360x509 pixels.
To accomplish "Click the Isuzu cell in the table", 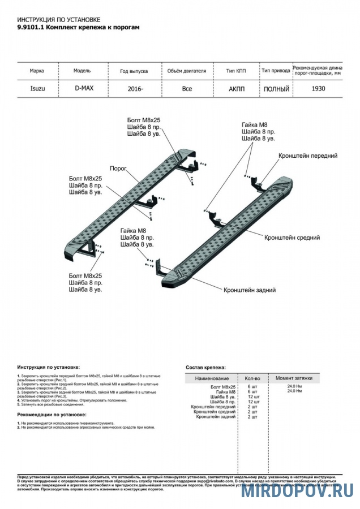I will pyautogui.click(x=39, y=89).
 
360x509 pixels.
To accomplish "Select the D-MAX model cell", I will pyautogui.click(x=84, y=88).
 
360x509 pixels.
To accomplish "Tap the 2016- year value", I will pyautogui.click(x=135, y=89).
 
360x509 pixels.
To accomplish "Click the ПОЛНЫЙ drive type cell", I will pyautogui.click(x=276, y=89).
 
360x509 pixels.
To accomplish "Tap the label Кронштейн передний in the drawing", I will pyautogui.click(x=307, y=155).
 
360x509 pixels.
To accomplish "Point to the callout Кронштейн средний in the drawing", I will pyautogui.click(x=292, y=238).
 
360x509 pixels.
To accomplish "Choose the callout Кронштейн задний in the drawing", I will pyautogui.click(x=250, y=290).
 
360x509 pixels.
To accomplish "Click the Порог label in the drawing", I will pyautogui.click(x=118, y=169).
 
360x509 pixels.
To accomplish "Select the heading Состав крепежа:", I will pyautogui.click(x=205, y=367).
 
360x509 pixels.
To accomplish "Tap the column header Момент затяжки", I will pyautogui.click(x=294, y=377).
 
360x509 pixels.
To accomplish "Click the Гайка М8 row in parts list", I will pyautogui.click(x=225, y=391).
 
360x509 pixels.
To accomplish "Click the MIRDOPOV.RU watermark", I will pyautogui.click(x=297, y=491).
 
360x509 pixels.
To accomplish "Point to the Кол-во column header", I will pyautogui.click(x=252, y=377).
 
